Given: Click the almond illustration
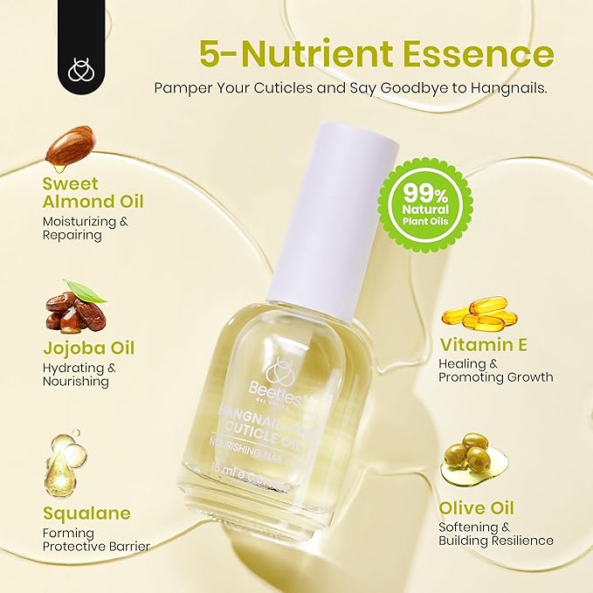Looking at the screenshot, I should [x=69, y=148].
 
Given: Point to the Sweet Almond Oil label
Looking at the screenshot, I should [x=93, y=193].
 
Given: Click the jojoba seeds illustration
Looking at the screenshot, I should [x=76, y=310].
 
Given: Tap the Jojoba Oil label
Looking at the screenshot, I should [x=88, y=348].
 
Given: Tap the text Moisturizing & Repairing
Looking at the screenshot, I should [x=86, y=228].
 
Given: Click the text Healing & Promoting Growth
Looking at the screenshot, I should [x=496, y=369].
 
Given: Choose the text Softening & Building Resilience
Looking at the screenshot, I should [x=496, y=534].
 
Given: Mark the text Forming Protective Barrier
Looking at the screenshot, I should [x=96, y=539].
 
